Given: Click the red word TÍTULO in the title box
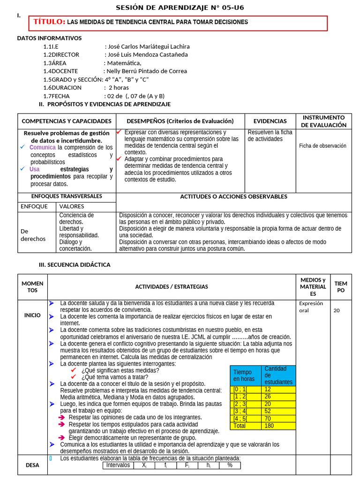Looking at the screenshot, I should [49, 22].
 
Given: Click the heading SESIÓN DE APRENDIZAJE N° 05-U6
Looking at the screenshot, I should [180, 7].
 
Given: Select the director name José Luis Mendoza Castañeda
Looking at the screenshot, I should [148, 54].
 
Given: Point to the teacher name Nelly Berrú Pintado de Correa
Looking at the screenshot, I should [147, 71].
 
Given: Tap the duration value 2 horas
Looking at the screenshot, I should [119, 88].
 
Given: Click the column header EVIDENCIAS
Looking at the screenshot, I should [270, 121].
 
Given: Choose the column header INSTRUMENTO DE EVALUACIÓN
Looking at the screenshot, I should [323, 121].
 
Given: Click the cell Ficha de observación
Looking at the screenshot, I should [322, 146].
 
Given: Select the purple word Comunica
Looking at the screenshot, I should [42, 148].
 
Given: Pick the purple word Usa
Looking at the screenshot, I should [34, 169].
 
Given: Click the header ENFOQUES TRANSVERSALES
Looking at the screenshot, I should [67, 196].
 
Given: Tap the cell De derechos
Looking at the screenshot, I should [33, 235].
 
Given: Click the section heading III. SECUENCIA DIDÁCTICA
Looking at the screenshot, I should [75, 265].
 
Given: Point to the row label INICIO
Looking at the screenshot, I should [32, 315].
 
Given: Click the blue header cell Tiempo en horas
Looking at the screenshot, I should [245, 375].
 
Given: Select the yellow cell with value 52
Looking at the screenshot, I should [268, 411].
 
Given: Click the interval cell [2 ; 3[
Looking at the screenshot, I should [240, 404].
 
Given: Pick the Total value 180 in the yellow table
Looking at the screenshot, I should [270, 426].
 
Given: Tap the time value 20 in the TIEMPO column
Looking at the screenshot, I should [337, 310].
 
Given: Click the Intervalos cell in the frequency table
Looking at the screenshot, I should [118, 465].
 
